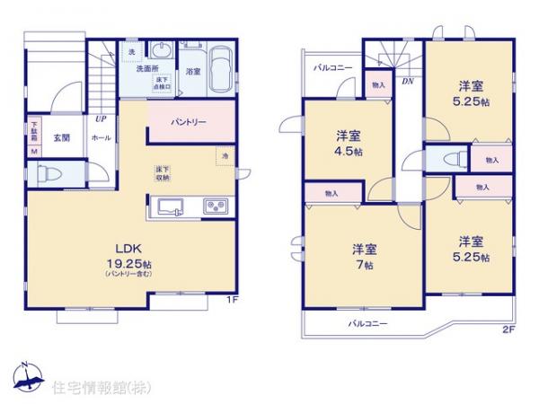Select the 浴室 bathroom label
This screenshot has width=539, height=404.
point(193,70)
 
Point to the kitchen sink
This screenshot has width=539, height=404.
point(171,206)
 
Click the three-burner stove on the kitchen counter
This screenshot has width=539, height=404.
point(216,206)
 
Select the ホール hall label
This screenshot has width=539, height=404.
point(102,137)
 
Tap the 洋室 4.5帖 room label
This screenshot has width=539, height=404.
point(349,144)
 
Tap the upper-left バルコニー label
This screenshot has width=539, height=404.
point(331,68)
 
